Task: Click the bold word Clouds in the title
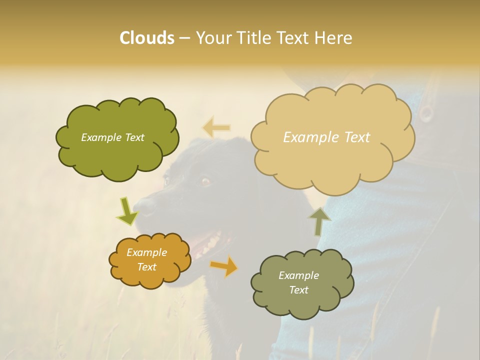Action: [x=146, y=38]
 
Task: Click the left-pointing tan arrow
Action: [x=216, y=128]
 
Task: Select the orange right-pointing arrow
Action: [x=224, y=266]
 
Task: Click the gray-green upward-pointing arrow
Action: [x=319, y=221]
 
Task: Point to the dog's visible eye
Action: [x=205, y=181]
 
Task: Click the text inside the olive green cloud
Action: [x=112, y=137]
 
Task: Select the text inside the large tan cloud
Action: [x=326, y=137]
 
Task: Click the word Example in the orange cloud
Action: [x=146, y=252]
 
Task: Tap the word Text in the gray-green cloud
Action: [x=298, y=290]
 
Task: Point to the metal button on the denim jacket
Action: [x=426, y=113]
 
